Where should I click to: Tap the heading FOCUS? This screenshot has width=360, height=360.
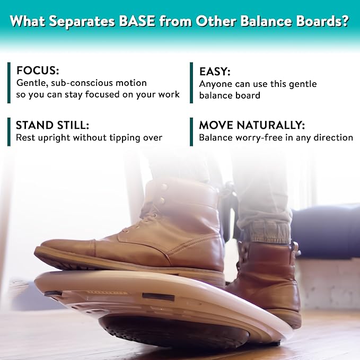pos(38,71)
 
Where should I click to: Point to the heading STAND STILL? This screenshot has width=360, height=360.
pos(52,125)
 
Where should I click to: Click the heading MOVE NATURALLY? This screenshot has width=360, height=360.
pos(252,125)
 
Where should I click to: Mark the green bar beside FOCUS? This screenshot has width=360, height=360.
pos(9,82)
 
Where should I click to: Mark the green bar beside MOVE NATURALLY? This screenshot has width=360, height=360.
pos(191,131)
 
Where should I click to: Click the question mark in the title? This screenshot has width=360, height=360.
pos(344,22)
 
